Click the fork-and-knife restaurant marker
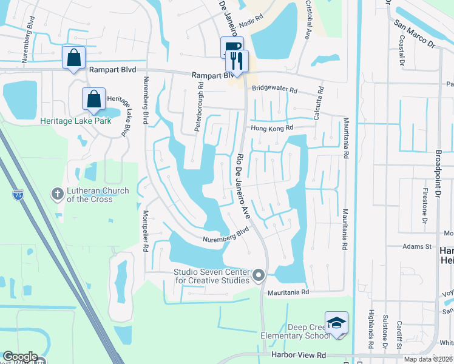coord(235,61)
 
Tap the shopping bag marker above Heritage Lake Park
coord(95,99)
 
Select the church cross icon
coord(58,194)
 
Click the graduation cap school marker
coord(336,323)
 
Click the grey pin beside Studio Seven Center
coord(259,276)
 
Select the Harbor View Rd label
coord(299,354)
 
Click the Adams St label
coord(418,247)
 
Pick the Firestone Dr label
coord(424,207)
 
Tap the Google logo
coord(20,357)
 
